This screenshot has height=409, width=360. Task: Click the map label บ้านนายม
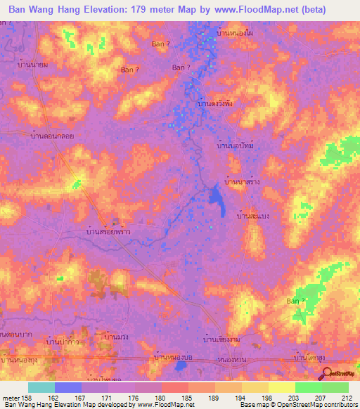pyautogui.click(x=32, y=64)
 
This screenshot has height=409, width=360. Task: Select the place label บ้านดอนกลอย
pyautogui.click(x=53, y=136)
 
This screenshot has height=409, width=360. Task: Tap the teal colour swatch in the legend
pyautogui.click(x=41, y=387)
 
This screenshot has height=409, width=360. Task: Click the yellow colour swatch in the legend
pyautogui.click(x=255, y=387)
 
